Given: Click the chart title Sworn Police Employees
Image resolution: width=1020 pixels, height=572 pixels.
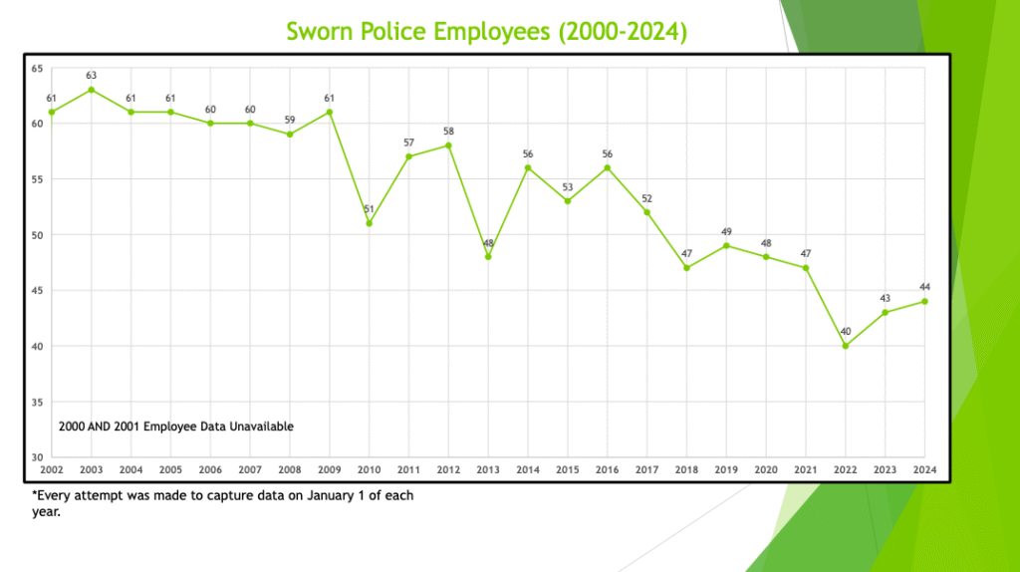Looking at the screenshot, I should pos(487,31).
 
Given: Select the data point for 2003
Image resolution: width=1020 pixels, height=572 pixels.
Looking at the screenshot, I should pos(92,90).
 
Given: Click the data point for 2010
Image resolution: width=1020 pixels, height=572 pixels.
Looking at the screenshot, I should pos(370,223).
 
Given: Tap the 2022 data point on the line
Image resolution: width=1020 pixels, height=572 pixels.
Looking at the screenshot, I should pos(846,346).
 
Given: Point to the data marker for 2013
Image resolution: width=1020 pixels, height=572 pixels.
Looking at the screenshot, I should pos(488,256).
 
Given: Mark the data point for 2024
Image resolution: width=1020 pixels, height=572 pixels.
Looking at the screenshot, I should pos(924,301).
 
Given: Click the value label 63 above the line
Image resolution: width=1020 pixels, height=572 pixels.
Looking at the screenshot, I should pos(92,76).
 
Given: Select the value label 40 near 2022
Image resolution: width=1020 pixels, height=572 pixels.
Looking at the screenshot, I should pos(846,332).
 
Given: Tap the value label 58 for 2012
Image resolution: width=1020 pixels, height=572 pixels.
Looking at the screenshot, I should pos(449,132).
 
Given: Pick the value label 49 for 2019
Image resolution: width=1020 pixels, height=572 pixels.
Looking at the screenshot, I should pos(726,232).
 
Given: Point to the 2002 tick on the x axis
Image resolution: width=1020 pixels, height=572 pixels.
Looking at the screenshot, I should pos(52,468).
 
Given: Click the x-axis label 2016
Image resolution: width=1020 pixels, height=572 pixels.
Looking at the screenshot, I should pos(608,468).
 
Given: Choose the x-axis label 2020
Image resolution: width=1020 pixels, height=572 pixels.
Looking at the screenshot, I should pos(766,468).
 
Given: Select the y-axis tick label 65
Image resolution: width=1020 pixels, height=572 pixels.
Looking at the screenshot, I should pos(37,68).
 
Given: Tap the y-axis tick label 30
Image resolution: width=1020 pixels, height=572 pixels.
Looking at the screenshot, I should pos(37,457).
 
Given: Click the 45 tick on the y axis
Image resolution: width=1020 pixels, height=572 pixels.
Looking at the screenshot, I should pos(37,291).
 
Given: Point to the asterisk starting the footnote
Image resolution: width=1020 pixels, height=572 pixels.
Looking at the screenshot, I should pos(34,494).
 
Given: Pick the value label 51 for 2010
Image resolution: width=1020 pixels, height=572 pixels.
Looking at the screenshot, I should pos(370,209).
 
